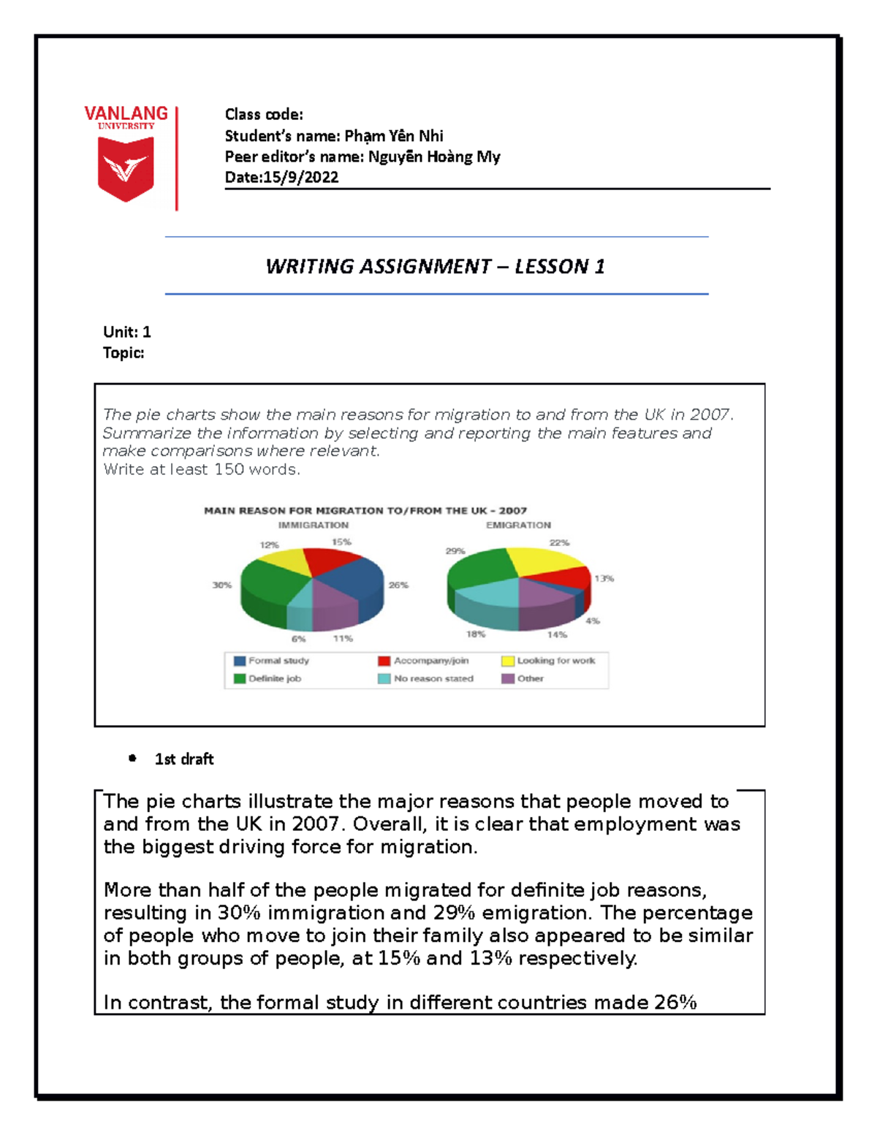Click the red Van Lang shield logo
(x=126, y=169)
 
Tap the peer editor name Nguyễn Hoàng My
(x=433, y=156)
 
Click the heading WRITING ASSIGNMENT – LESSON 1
(x=435, y=266)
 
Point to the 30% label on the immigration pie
(x=221, y=585)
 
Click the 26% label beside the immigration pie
(x=398, y=585)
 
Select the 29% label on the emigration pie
(x=455, y=550)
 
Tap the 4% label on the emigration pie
(x=593, y=620)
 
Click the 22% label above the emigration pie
(x=559, y=542)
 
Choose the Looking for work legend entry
(x=555, y=661)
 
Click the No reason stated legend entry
(x=433, y=678)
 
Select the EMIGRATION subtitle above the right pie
(x=518, y=525)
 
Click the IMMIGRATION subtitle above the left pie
(x=313, y=525)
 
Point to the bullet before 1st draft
(x=132, y=759)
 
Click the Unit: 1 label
(x=126, y=332)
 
